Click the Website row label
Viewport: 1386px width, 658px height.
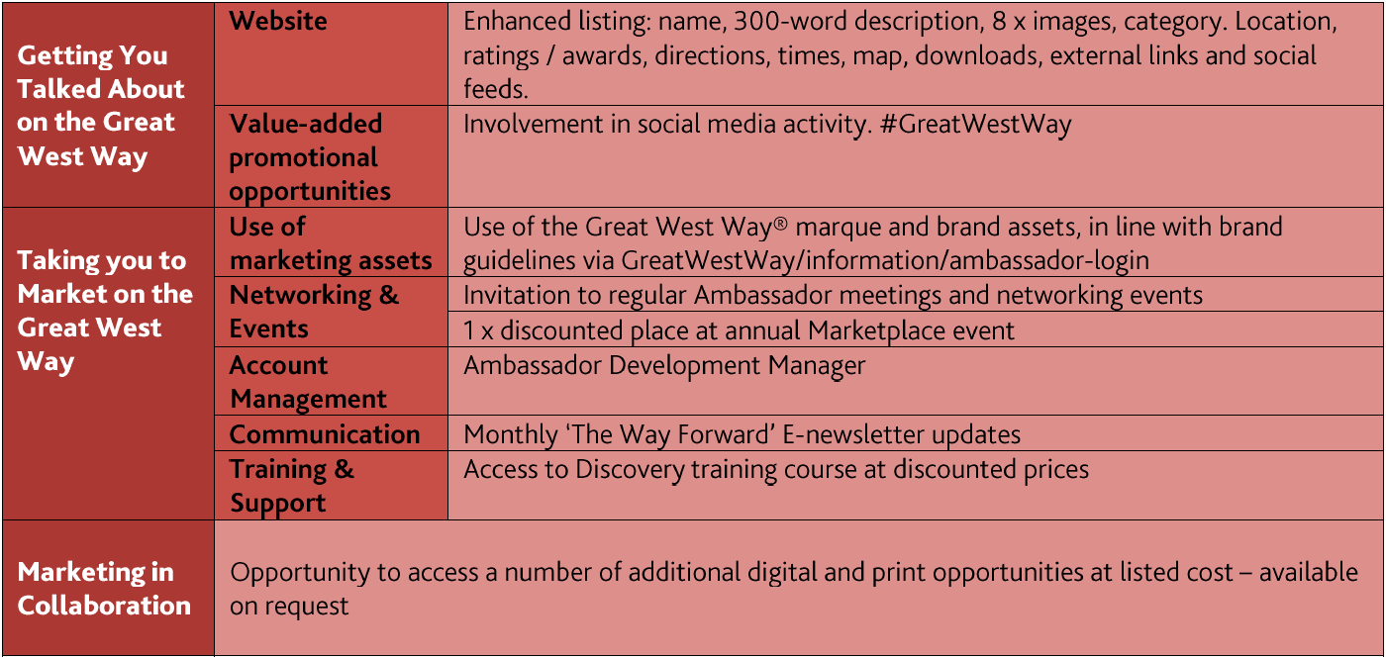[x=278, y=21]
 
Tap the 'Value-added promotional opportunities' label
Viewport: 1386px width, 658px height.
[x=309, y=157]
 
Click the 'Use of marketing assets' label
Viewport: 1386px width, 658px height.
[x=331, y=243]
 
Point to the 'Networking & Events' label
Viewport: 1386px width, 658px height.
[x=315, y=312]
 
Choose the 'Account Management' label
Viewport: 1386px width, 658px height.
[x=308, y=382]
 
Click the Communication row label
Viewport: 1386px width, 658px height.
[x=325, y=434]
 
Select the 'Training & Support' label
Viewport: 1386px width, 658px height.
[x=292, y=487]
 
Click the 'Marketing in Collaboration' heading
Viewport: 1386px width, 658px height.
[x=104, y=589]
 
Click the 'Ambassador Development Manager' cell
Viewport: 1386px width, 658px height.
[x=664, y=365]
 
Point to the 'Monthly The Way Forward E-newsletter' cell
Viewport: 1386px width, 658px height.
[x=742, y=434]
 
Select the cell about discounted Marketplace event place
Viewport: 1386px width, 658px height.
[x=739, y=330]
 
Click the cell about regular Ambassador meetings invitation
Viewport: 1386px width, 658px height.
[x=833, y=296]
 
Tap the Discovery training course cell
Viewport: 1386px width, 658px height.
[x=776, y=469]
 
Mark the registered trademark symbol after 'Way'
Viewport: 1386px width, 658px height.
[x=780, y=222]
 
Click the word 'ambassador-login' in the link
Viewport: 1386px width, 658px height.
[x=1048, y=261]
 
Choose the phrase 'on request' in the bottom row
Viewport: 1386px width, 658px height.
[x=289, y=606]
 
